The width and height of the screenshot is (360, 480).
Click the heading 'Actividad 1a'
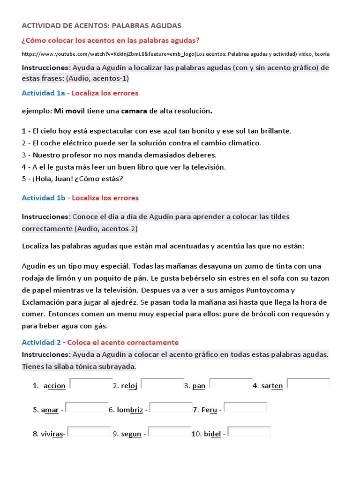pos(44,93)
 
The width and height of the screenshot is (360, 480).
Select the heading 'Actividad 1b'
pos(44,198)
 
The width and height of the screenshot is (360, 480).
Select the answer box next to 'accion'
pos(91,383)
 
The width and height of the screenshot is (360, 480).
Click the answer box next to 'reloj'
pos(162,383)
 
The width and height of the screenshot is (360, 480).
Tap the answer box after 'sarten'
pos(308,383)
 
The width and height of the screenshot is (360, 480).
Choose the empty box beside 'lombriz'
pos(171,407)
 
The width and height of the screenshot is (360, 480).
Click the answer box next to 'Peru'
pos(245,407)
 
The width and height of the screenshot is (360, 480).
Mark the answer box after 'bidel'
pos(249,431)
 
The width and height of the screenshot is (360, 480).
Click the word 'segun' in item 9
pos(131,434)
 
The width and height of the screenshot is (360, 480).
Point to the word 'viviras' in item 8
pos(52,434)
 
